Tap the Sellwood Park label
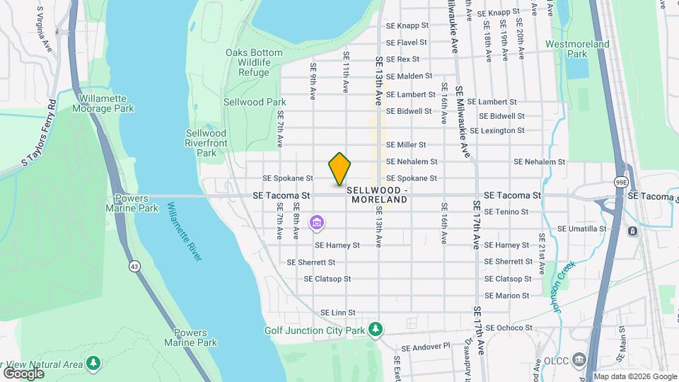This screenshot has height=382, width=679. tap(245, 102)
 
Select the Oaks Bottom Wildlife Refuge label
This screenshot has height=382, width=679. tap(248, 62)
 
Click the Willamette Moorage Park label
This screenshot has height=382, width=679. tap(103, 103)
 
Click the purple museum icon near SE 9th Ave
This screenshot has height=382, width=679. tap(317, 224)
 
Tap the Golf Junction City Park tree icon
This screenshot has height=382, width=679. tap(376, 330)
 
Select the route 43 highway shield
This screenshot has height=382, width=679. tap(134, 266)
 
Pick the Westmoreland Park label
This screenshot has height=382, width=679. tap(577, 49)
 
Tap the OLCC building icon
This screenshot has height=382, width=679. tap(581, 359)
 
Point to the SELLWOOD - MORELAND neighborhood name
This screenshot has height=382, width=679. tap(377, 195)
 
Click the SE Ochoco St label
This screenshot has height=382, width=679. tap(509, 328)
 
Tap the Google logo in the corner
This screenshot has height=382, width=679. tap(23, 373)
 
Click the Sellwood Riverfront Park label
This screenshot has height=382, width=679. tap(206, 142)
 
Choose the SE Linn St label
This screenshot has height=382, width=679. tap(337, 312)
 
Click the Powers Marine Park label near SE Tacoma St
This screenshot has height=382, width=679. tap(132, 203)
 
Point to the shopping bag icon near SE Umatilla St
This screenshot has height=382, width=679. tap(632, 231)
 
